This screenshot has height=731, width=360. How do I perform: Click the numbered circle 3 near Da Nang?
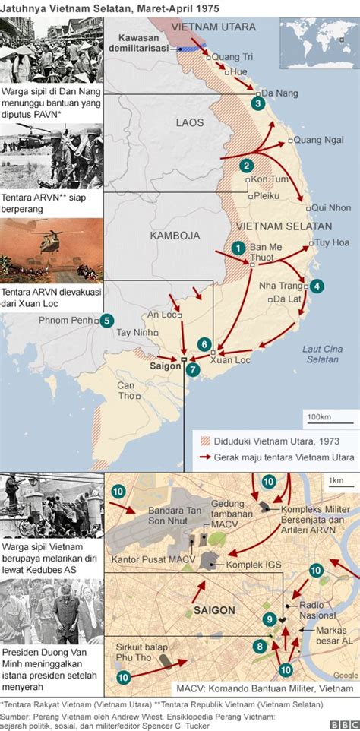[259, 103]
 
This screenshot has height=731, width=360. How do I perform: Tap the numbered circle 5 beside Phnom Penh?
[107, 321]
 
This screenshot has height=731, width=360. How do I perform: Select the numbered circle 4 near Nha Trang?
[316, 286]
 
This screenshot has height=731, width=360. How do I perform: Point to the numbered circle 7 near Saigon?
[193, 369]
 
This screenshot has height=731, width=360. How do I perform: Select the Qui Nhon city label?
[331, 207]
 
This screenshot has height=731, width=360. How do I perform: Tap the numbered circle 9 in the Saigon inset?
[269, 619]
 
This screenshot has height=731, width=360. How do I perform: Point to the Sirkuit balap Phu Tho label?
[137, 653]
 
